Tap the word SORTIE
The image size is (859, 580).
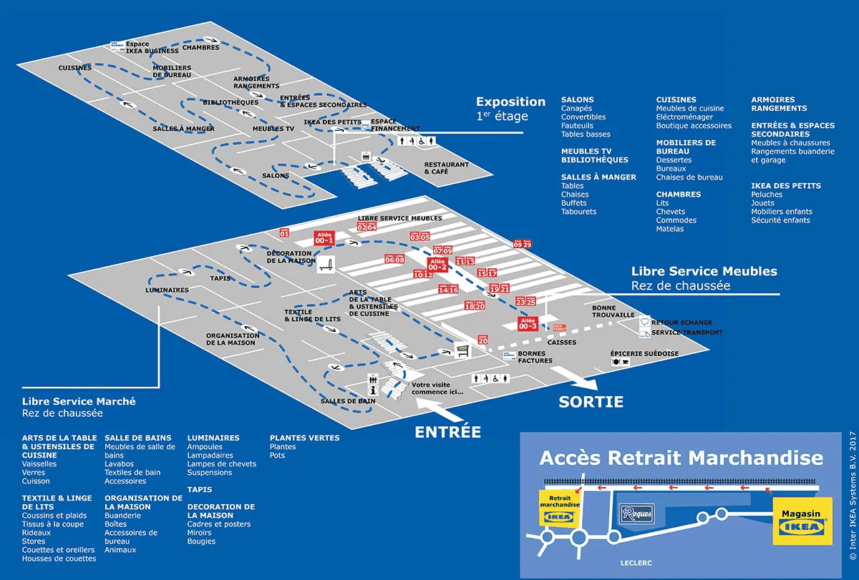tap(591, 402)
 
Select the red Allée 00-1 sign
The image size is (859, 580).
tap(324, 238)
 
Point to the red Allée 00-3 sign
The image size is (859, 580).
tap(528, 324)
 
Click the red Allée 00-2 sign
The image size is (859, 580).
tap(437, 264)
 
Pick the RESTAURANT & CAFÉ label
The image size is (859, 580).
tap(446, 168)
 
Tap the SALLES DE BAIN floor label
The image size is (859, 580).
tap(349, 401)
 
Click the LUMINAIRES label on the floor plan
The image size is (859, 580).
tap(167, 290)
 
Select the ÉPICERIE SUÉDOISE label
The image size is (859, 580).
tap(644, 354)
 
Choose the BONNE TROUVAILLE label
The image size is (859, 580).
tap(613, 311)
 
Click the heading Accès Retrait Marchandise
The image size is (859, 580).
tap(681, 458)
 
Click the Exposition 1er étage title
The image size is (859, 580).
tap(510, 108)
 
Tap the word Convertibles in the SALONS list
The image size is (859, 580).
tap(583, 117)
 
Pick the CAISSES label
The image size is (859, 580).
tap(561, 343)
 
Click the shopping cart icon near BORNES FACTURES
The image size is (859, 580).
tap(463, 350)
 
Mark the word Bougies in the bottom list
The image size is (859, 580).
tap(201, 541)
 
